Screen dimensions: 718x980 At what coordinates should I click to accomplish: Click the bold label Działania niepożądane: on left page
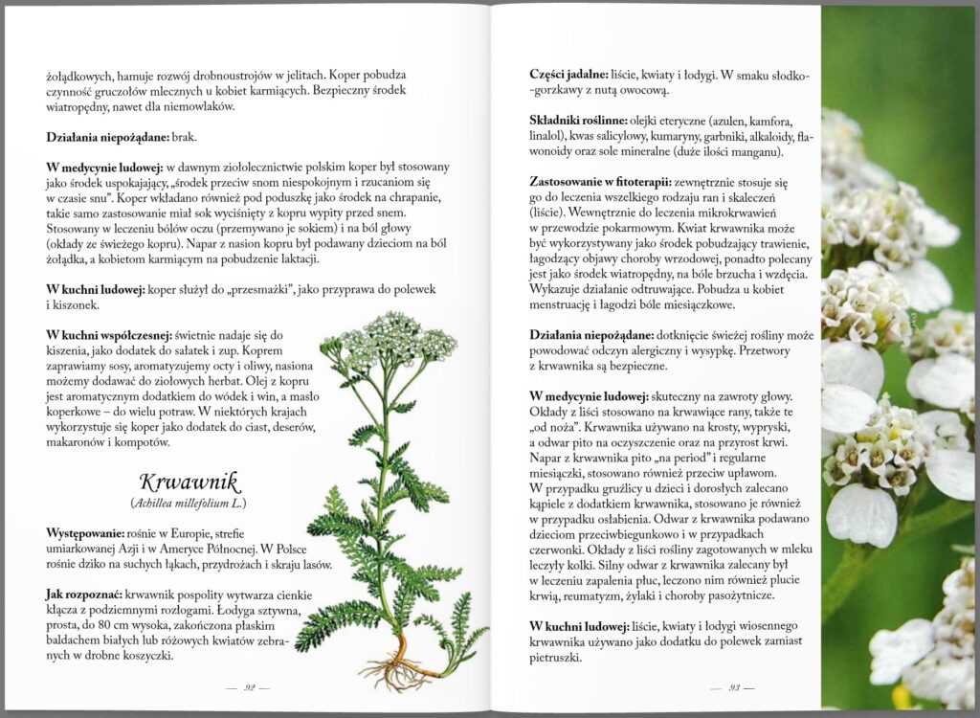109,137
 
